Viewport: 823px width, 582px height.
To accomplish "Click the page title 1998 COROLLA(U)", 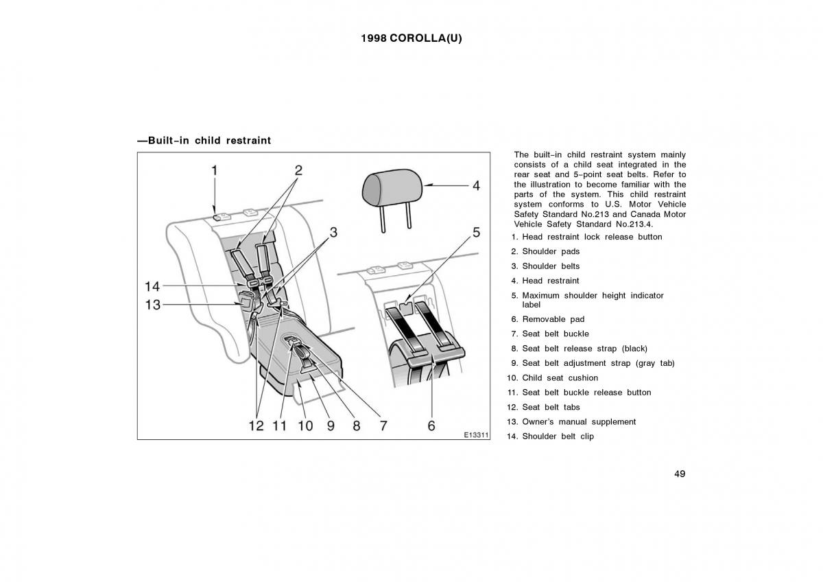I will coord(411,38).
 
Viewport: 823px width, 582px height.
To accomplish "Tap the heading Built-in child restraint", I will coord(204,141).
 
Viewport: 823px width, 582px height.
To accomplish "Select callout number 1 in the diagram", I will coord(215,170).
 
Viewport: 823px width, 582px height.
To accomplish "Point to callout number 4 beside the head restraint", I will coord(475,185).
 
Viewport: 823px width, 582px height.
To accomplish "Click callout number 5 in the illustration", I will coord(476,233).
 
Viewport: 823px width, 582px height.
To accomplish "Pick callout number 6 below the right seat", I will coord(431,426).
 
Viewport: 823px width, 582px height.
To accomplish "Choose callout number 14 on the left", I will coord(152,286).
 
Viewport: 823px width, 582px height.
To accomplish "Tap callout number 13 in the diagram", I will coord(152,304).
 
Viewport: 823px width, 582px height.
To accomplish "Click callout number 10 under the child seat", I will coord(305,426).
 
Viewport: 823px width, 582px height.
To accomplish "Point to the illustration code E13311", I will coord(475,435).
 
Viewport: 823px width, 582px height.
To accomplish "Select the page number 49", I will coord(679,474).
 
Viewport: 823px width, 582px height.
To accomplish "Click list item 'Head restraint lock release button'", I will coord(592,237).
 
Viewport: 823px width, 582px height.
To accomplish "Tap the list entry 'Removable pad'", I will coord(553,319).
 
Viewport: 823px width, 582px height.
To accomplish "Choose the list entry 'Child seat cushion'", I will coord(560,378).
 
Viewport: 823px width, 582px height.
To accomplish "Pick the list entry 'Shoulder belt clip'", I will coord(558,436).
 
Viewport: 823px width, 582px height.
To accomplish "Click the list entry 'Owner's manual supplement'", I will coord(579,422).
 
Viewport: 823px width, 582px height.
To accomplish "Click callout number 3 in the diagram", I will coord(333,233).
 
